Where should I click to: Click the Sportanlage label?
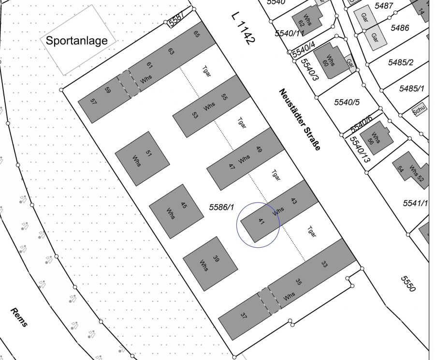click(x=76, y=41)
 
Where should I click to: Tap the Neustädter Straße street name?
click(x=299, y=120)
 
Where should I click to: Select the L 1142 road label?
click(x=243, y=29)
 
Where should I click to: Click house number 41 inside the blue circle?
click(x=261, y=222)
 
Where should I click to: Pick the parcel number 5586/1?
click(x=221, y=207)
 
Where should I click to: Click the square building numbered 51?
click(x=142, y=158)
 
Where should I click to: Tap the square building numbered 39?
click(x=210, y=263)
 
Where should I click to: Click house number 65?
click(x=197, y=34)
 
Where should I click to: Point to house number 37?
click(x=244, y=315)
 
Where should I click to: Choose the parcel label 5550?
click(x=408, y=284)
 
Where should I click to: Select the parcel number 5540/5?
click(x=347, y=102)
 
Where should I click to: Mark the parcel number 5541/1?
click(x=415, y=203)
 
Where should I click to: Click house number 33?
click(x=324, y=264)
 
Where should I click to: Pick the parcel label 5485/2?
click(x=401, y=62)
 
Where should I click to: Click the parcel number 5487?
click(x=384, y=6)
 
